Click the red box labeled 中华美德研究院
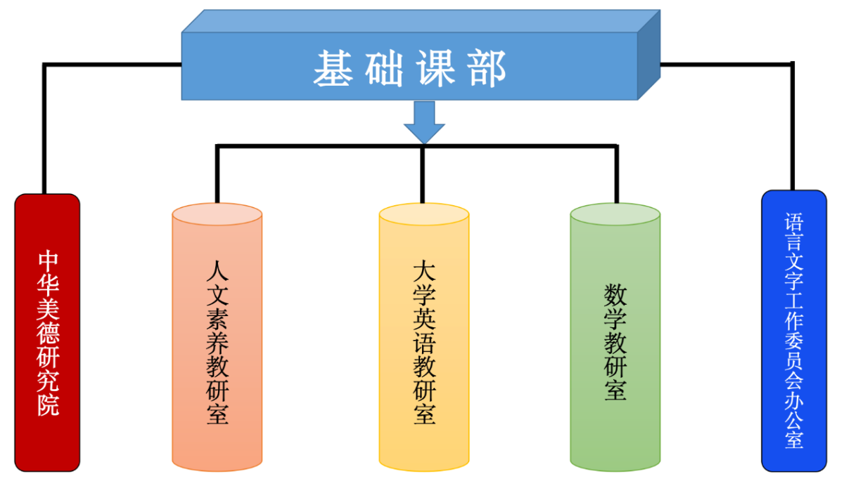[x=47, y=332]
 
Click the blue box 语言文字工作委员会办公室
[x=794, y=330]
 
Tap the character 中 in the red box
[x=48, y=260]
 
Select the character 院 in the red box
[x=48, y=405]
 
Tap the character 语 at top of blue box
[x=794, y=223]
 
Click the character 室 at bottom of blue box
[x=794, y=441]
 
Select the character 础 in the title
[x=385, y=69]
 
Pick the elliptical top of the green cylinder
[x=615, y=214]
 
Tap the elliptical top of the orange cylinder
[x=217, y=214]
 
